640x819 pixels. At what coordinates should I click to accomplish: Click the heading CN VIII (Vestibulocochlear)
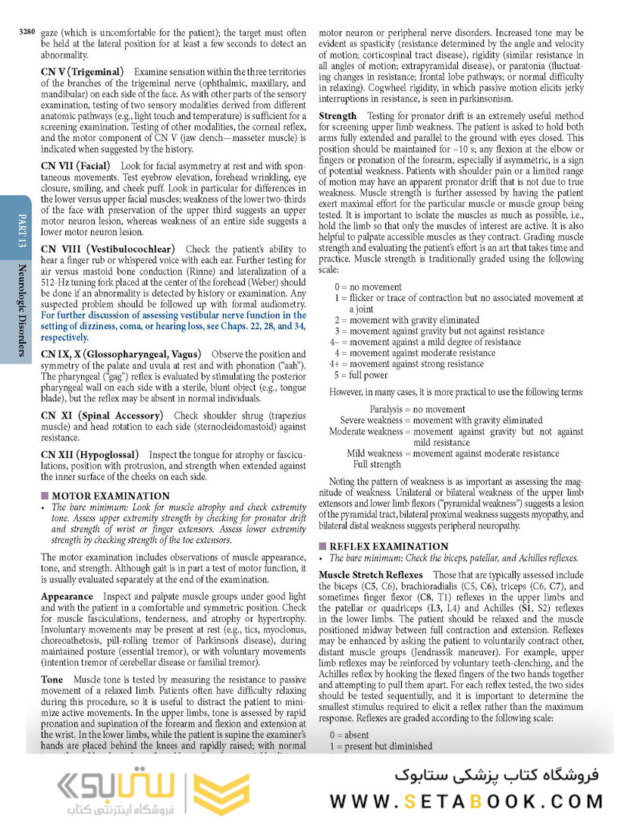coord(108,249)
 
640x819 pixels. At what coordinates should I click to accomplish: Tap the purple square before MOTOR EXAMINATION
coord(45,496)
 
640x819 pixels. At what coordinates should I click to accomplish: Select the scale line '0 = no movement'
coord(369,287)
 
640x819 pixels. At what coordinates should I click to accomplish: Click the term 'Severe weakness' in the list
coord(371,420)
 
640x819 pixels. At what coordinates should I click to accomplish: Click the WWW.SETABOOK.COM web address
coord(467,801)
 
